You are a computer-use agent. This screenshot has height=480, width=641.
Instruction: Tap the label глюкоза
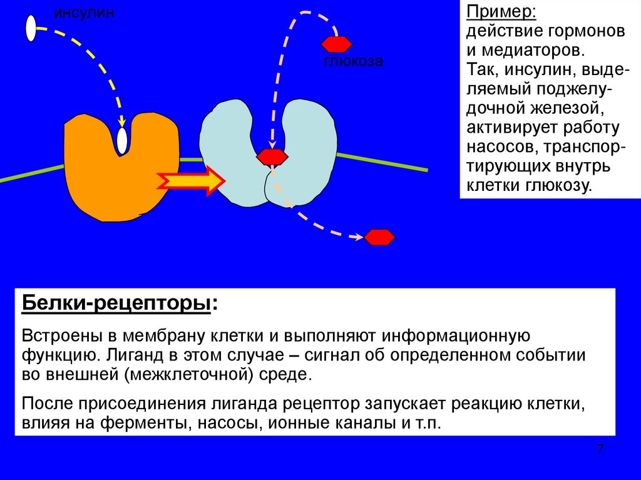coord(353,61)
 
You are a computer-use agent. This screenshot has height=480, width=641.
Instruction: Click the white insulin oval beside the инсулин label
coord(31,28)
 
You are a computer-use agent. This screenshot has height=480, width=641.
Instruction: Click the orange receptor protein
coord(106,181)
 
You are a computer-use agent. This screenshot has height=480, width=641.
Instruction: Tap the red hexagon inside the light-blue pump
coord(272,156)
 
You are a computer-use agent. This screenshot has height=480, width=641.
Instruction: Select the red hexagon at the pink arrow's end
coord(379,237)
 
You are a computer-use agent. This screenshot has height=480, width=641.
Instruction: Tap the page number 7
coord(600,449)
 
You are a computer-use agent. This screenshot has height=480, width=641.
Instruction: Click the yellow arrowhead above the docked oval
coord(122,121)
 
